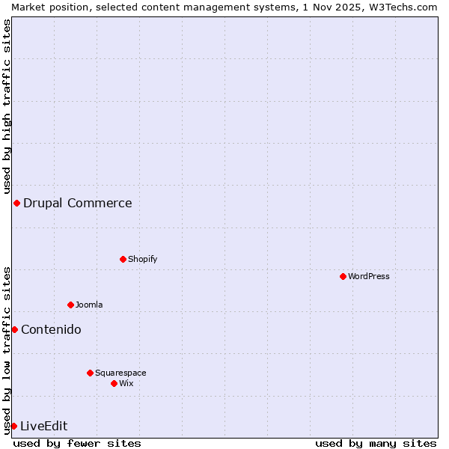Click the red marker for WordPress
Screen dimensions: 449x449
click(x=343, y=276)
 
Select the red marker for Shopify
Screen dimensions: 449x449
click(x=123, y=259)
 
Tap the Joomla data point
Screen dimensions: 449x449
click(x=70, y=305)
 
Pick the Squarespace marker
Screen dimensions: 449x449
click(x=90, y=373)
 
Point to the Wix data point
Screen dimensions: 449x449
click(x=114, y=383)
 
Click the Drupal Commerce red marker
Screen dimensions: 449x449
click(x=16, y=203)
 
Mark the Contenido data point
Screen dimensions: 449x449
click(x=14, y=329)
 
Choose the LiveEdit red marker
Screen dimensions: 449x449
click(x=13, y=426)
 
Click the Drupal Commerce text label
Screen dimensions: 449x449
click(x=77, y=203)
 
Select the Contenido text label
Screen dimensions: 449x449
click(x=51, y=329)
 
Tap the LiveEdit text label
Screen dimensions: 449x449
click(x=43, y=426)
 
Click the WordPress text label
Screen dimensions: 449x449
click(x=369, y=276)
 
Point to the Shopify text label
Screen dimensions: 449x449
click(x=142, y=259)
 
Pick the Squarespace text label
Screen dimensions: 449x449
click(x=120, y=373)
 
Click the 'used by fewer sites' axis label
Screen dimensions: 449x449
click(x=77, y=443)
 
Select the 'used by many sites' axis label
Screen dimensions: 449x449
click(x=376, y=443)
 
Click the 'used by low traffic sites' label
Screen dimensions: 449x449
click(x=7, y=350)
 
